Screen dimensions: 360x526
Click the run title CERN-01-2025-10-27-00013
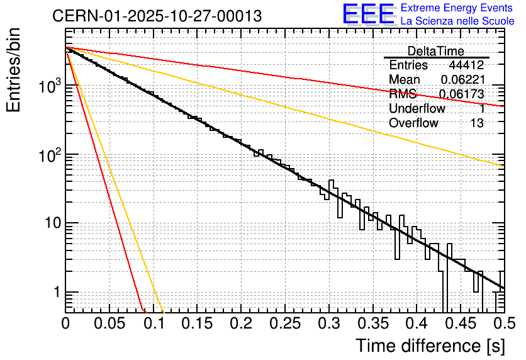157,16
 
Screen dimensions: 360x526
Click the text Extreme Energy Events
457,8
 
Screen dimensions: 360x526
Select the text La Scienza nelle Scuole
457,21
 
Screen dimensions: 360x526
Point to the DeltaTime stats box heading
436,51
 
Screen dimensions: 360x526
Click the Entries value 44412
466,65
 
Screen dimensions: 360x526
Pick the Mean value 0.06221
462,79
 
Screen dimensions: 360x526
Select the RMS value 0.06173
461,94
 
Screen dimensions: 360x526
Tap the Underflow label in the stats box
417,108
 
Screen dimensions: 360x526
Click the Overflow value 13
477,123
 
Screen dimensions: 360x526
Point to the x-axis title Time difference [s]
430,345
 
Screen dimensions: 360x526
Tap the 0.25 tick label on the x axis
285,323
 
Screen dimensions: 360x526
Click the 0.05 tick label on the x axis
109,323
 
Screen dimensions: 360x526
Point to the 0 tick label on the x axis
65,323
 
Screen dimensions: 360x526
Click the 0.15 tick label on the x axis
197,323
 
